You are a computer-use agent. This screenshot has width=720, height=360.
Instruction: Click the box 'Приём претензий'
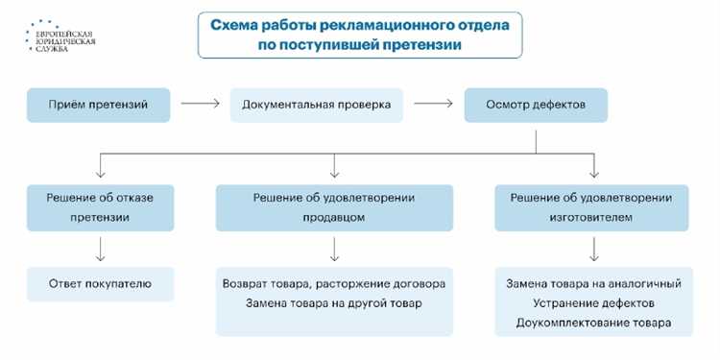point(99,104)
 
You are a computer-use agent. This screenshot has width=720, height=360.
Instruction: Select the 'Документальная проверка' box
point(315,104)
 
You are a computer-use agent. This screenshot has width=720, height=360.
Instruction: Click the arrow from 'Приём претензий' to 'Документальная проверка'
point(200,104)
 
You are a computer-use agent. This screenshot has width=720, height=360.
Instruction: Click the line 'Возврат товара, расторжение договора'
point(333,284)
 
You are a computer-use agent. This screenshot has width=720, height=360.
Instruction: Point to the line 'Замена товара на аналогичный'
point(592,284)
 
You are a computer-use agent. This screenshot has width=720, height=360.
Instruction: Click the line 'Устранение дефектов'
point(592,303)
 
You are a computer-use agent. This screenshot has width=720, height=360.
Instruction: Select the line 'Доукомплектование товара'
point(592,324)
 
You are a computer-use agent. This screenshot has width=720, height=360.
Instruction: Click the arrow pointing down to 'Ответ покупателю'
point(99,249)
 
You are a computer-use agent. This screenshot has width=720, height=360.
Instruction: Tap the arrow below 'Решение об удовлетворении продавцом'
point(333,249)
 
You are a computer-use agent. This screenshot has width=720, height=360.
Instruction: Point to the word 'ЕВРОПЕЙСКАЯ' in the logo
point(59,32)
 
